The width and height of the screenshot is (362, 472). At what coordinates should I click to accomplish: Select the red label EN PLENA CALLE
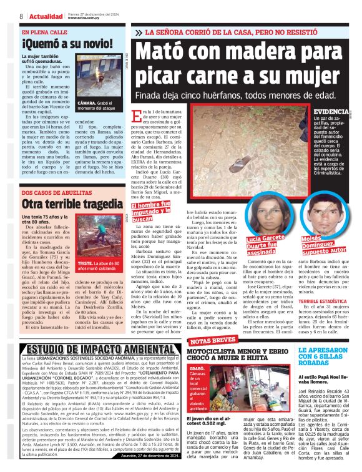pyautogui.click(x=45, y=32)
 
